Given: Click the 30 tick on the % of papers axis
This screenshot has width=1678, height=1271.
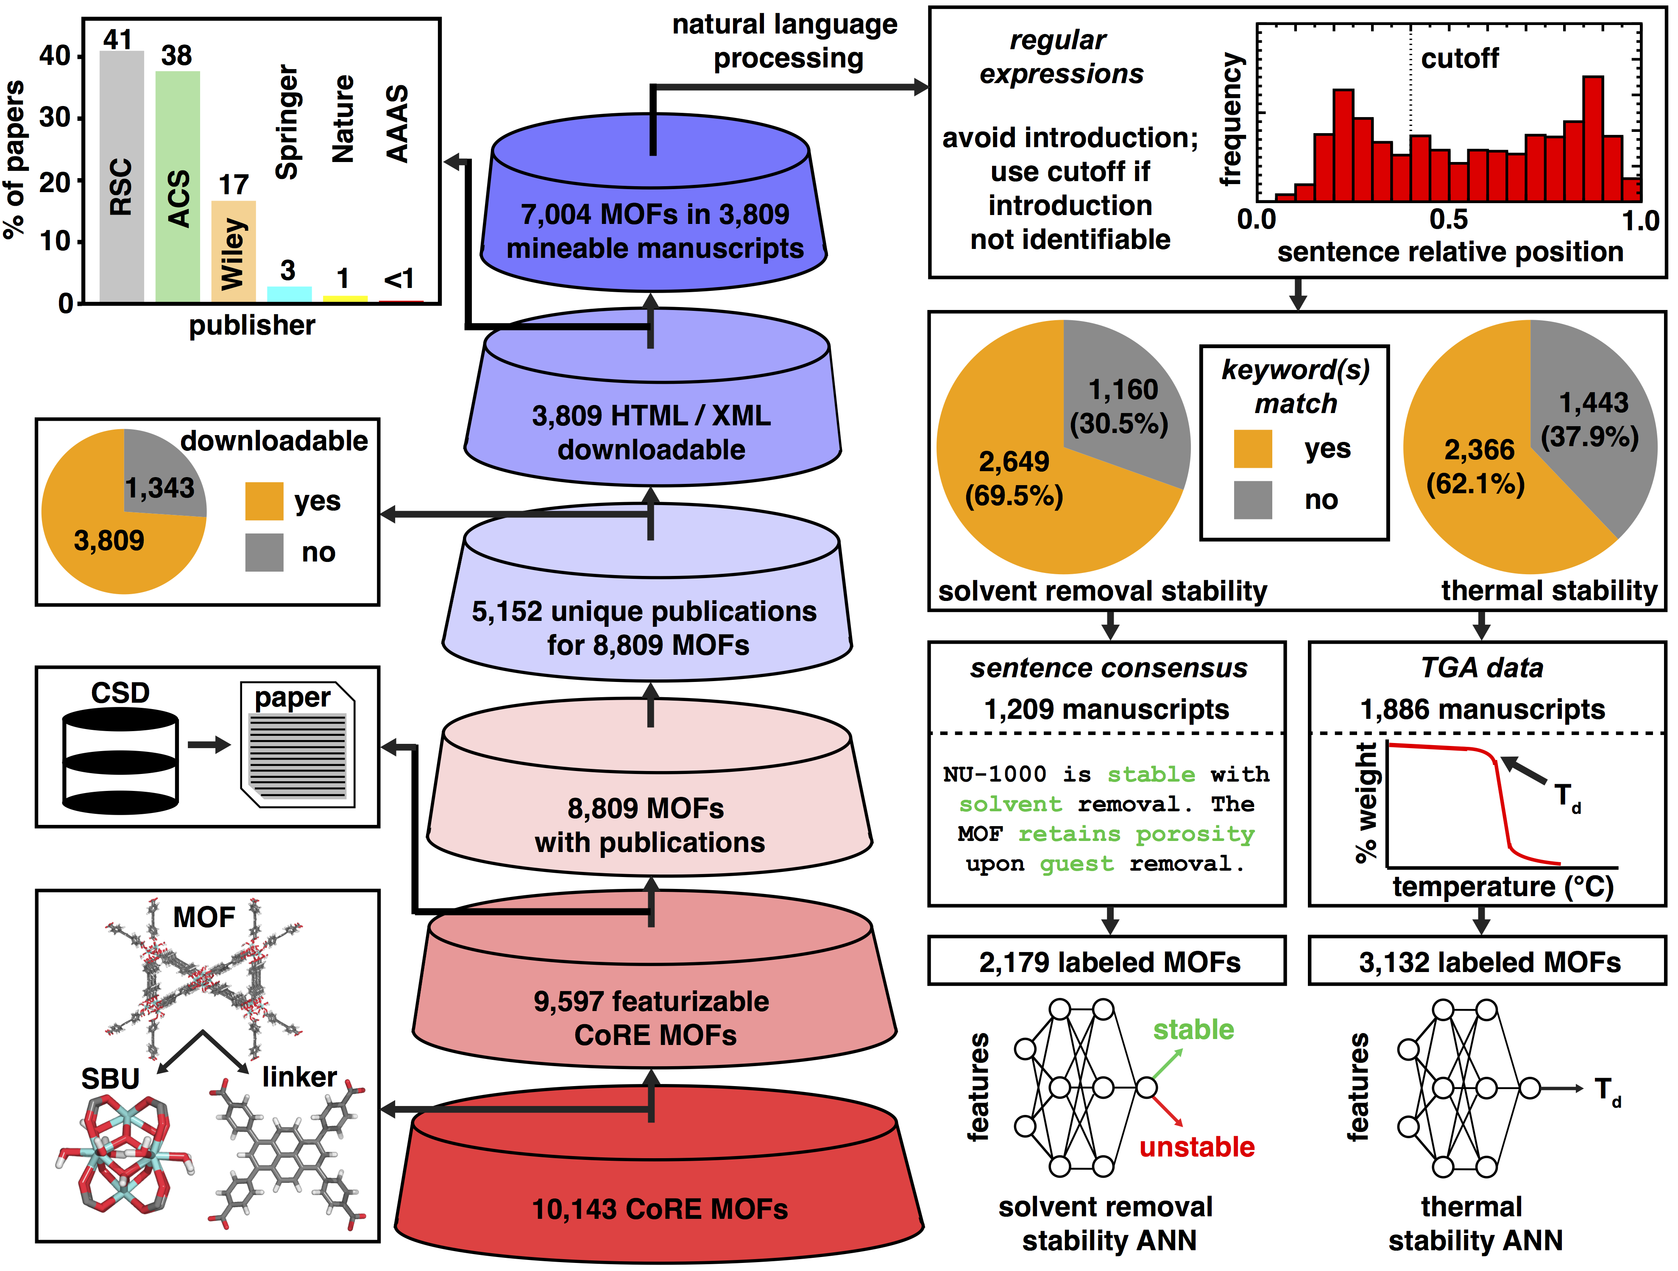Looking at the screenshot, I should tap(55, 117).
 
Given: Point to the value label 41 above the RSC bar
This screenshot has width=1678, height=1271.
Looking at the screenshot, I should tap(118, 39).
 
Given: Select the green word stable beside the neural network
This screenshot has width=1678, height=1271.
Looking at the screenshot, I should tap(1193, 1030).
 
